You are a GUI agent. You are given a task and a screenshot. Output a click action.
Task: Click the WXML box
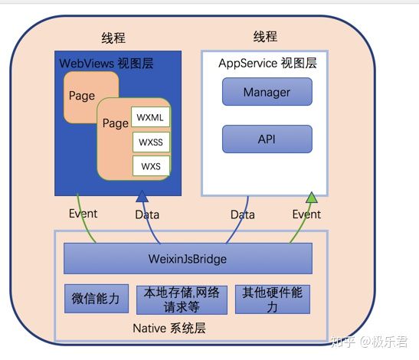coord(150,116)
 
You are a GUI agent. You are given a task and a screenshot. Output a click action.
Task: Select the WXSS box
coord(151,142)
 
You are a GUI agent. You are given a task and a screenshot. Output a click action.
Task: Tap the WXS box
coord(151,166)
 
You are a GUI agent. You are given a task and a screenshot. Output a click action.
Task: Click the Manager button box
coord(267,92)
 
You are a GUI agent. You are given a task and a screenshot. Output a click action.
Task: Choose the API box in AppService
coord(267,139)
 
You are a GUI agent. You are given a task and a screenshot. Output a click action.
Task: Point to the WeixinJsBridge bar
coord(188,258)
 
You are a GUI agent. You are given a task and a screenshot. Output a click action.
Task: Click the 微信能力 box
coord(97,299)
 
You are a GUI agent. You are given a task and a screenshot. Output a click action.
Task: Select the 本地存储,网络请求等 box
coord(182,299)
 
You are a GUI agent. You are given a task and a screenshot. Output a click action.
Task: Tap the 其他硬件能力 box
coord(273,299)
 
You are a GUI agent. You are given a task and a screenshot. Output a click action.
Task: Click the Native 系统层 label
coord(169,328)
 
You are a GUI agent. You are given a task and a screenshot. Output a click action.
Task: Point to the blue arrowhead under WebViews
coord(142,196)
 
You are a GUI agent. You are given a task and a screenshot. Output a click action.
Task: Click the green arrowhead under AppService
coord(311,198)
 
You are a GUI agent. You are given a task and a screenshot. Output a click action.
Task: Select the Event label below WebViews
coord(83,214)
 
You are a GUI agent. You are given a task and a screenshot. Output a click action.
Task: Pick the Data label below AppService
coord(243,214)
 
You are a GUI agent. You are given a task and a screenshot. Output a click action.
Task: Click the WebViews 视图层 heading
coord(106,64)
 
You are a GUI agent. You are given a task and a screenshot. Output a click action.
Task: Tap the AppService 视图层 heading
coord(267,63)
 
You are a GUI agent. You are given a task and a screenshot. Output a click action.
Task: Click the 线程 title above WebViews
coord(113,38)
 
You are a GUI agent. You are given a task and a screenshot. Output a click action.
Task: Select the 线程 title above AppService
coord(265,36)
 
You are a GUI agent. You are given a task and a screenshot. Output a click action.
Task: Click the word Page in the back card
coord(82,96)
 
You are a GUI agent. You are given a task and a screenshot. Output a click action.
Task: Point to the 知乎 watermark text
coord(343,342)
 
